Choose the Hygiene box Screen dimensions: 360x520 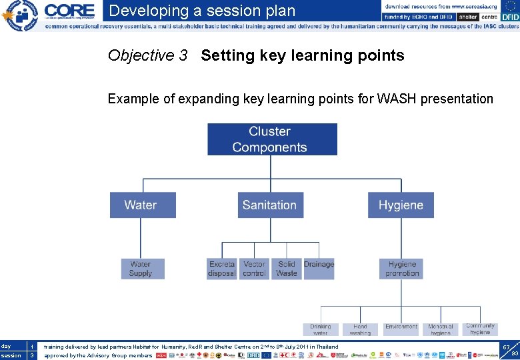(x=401, y=205)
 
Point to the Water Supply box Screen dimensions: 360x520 (x=141, y=269)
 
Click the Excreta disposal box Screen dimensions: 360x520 (x=222, y=269)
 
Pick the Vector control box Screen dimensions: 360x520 (x=254, y=269)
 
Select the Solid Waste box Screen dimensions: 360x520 (x=286, y=269)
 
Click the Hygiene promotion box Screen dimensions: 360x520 (x=402, y=269)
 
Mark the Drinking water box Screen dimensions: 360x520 (x=321, y=329)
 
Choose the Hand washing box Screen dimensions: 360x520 (x=360, y=329)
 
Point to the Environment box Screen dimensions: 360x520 (x=401, y=327)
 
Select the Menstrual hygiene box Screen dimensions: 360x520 (x=441, y=329)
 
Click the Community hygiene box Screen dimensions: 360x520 (x=480, y=329)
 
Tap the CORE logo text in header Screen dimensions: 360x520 (x=69, y=11)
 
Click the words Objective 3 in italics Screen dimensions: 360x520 (x=147, y=55)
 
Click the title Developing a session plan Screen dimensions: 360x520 (x=202, y=11)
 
